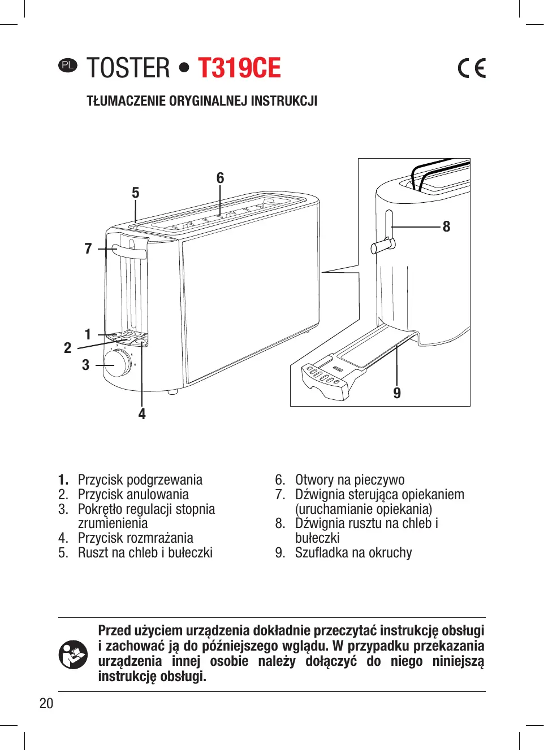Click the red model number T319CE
click(239, 68)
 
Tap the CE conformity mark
click(472, 68)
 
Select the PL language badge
click(67, 65)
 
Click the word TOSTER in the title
click(128, 68)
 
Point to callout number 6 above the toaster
click(220, 178)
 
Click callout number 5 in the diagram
click(135, 193)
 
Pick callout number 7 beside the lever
click(88, 248)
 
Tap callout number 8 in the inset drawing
click(446, 226)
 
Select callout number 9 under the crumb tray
click(397, 393)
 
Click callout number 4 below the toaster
click(142, 414)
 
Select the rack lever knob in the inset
click(383, 246)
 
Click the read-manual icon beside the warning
click(73, 655)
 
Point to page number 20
click(46, 703)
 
